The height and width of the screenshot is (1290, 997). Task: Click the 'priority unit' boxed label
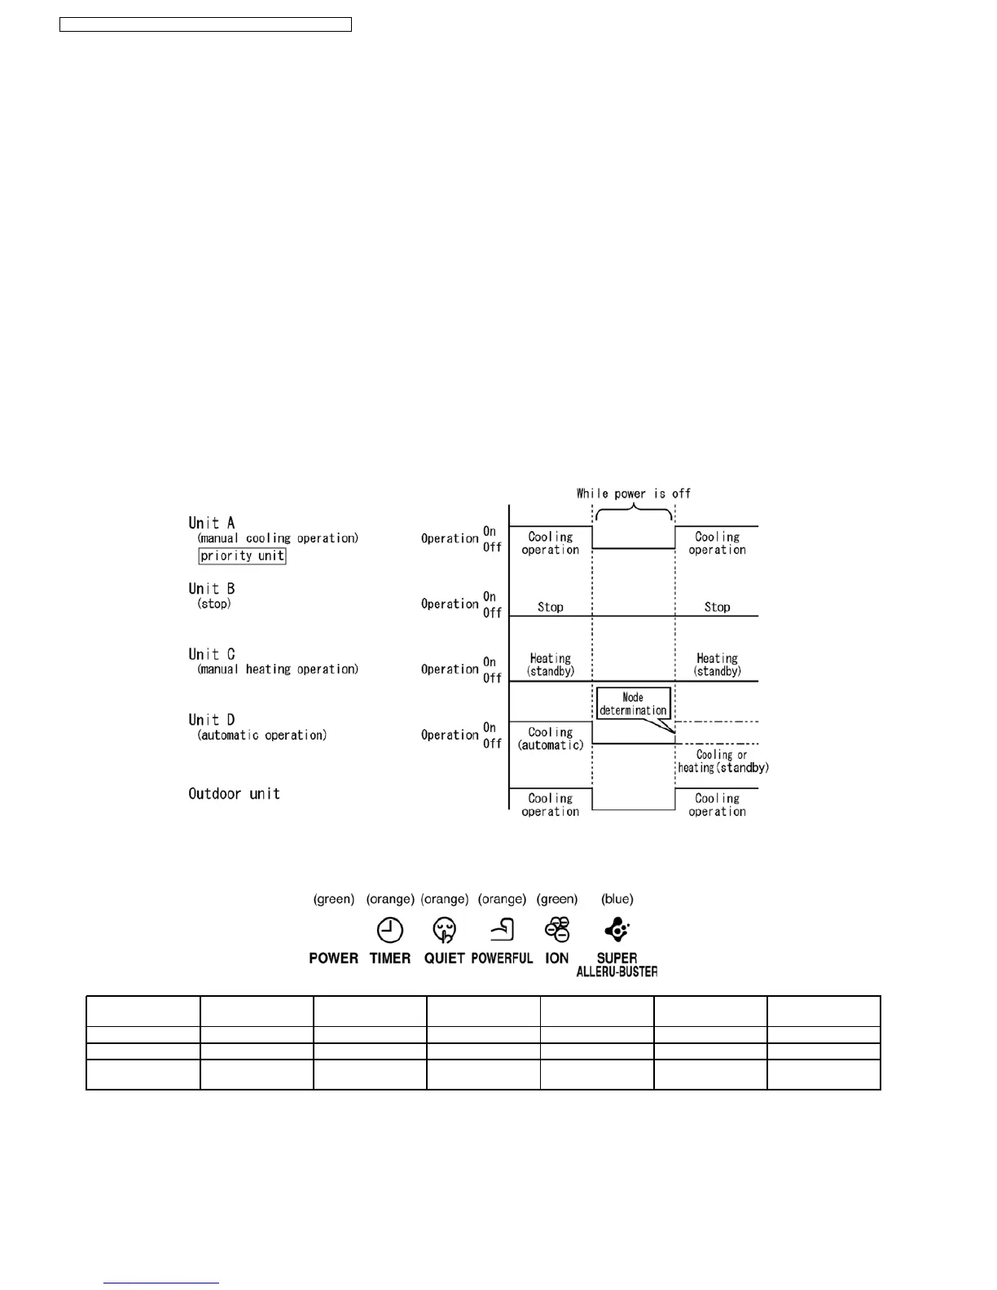(x=242, y=556)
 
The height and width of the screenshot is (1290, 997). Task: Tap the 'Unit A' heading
(x=212, y=523)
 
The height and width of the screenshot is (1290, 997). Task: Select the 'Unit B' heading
(x=212, y=589)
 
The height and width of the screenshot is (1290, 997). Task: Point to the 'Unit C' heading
(x=212, y=654)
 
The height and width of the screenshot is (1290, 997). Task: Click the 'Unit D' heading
(x=212, y=720)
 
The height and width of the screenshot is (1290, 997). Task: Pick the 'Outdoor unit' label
(x=234, y=794)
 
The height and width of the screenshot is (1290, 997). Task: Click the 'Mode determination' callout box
(x=633, y=704)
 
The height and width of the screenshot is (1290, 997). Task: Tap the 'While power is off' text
(x=633, y=494)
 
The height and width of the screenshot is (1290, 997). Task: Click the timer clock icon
(x=390, y=930)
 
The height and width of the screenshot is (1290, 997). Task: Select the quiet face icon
(x=445, y=930)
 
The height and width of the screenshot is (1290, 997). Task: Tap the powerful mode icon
(x=503, y=929)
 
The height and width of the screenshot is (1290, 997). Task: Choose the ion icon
(x=558, y=930)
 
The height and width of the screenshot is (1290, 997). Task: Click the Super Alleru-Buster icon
(x=617, y=929)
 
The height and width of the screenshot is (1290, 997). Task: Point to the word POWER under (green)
(x=334, y=959)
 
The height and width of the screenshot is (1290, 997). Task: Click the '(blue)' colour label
(x=617, y=899)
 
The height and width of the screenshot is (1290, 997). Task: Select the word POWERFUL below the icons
(x=502, y=959)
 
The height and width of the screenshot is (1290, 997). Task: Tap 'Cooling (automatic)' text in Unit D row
(x=551, y=739)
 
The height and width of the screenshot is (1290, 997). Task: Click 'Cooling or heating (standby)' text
(x=722, y=761)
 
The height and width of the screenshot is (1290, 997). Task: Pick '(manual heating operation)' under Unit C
(x=278, y=669)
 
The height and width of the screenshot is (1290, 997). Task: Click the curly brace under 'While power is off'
(x=634, y=512)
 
